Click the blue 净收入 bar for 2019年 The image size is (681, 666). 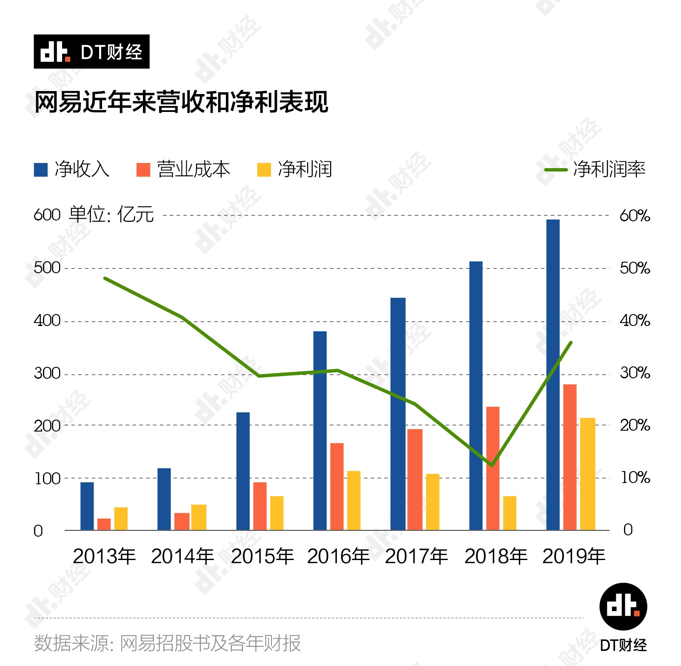(x=553, y=374)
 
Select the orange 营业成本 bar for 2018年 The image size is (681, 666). (x=493, y=468)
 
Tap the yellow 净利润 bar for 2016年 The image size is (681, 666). (x=353, y=500)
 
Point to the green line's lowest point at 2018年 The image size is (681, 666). (x=492, y=465)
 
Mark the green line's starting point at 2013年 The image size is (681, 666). (x=105, y=278)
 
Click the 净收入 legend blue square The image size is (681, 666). (x=41, y=169)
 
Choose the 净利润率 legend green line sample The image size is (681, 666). (x=556, y=170)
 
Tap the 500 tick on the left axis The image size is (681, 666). (x=47, y=268)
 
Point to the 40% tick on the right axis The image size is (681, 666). (x=635, y=320)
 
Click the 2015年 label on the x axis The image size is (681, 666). (x=262, y=556)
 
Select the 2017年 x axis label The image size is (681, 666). (x=416, y=556)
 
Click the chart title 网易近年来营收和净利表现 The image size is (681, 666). (x=181, y=102)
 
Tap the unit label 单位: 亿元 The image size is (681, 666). (x=111, y=214)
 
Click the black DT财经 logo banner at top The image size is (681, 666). (x=91, y=51)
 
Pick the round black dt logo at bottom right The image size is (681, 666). (x=623, y=606)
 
